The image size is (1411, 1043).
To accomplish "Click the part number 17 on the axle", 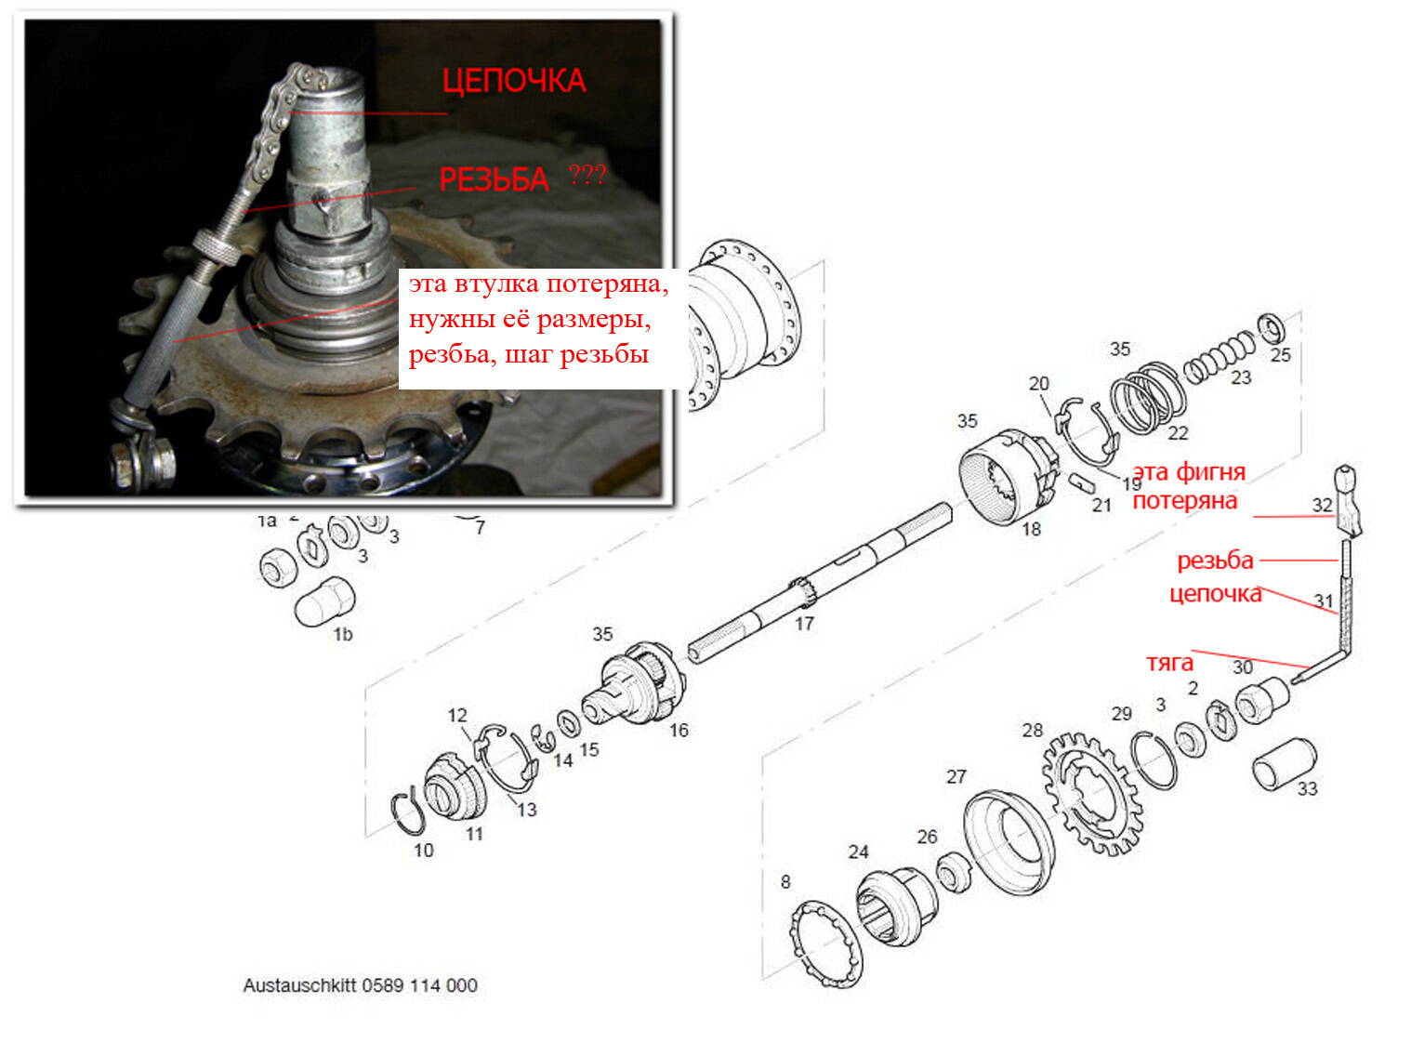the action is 803,623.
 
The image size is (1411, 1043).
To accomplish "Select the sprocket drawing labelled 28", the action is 1091,793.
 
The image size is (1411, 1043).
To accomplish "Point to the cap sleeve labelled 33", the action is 1283,763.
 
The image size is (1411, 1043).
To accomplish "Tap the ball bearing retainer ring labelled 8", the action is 824,944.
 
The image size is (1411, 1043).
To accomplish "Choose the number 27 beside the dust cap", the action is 956,776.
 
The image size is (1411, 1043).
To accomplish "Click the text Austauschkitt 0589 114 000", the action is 360,985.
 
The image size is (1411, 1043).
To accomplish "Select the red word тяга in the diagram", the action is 1169,663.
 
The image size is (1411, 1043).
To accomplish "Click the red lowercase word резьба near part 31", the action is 1215,561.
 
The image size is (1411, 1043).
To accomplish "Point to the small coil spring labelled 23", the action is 1220,358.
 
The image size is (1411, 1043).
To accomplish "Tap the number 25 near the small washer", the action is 1280,354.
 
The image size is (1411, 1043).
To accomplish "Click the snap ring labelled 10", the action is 408,810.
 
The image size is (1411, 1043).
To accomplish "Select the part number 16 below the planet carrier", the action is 679,730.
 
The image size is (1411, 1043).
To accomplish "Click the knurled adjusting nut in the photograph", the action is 217,247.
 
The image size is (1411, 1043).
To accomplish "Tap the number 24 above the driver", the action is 858,852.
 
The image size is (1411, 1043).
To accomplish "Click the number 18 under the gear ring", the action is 1031,529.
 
